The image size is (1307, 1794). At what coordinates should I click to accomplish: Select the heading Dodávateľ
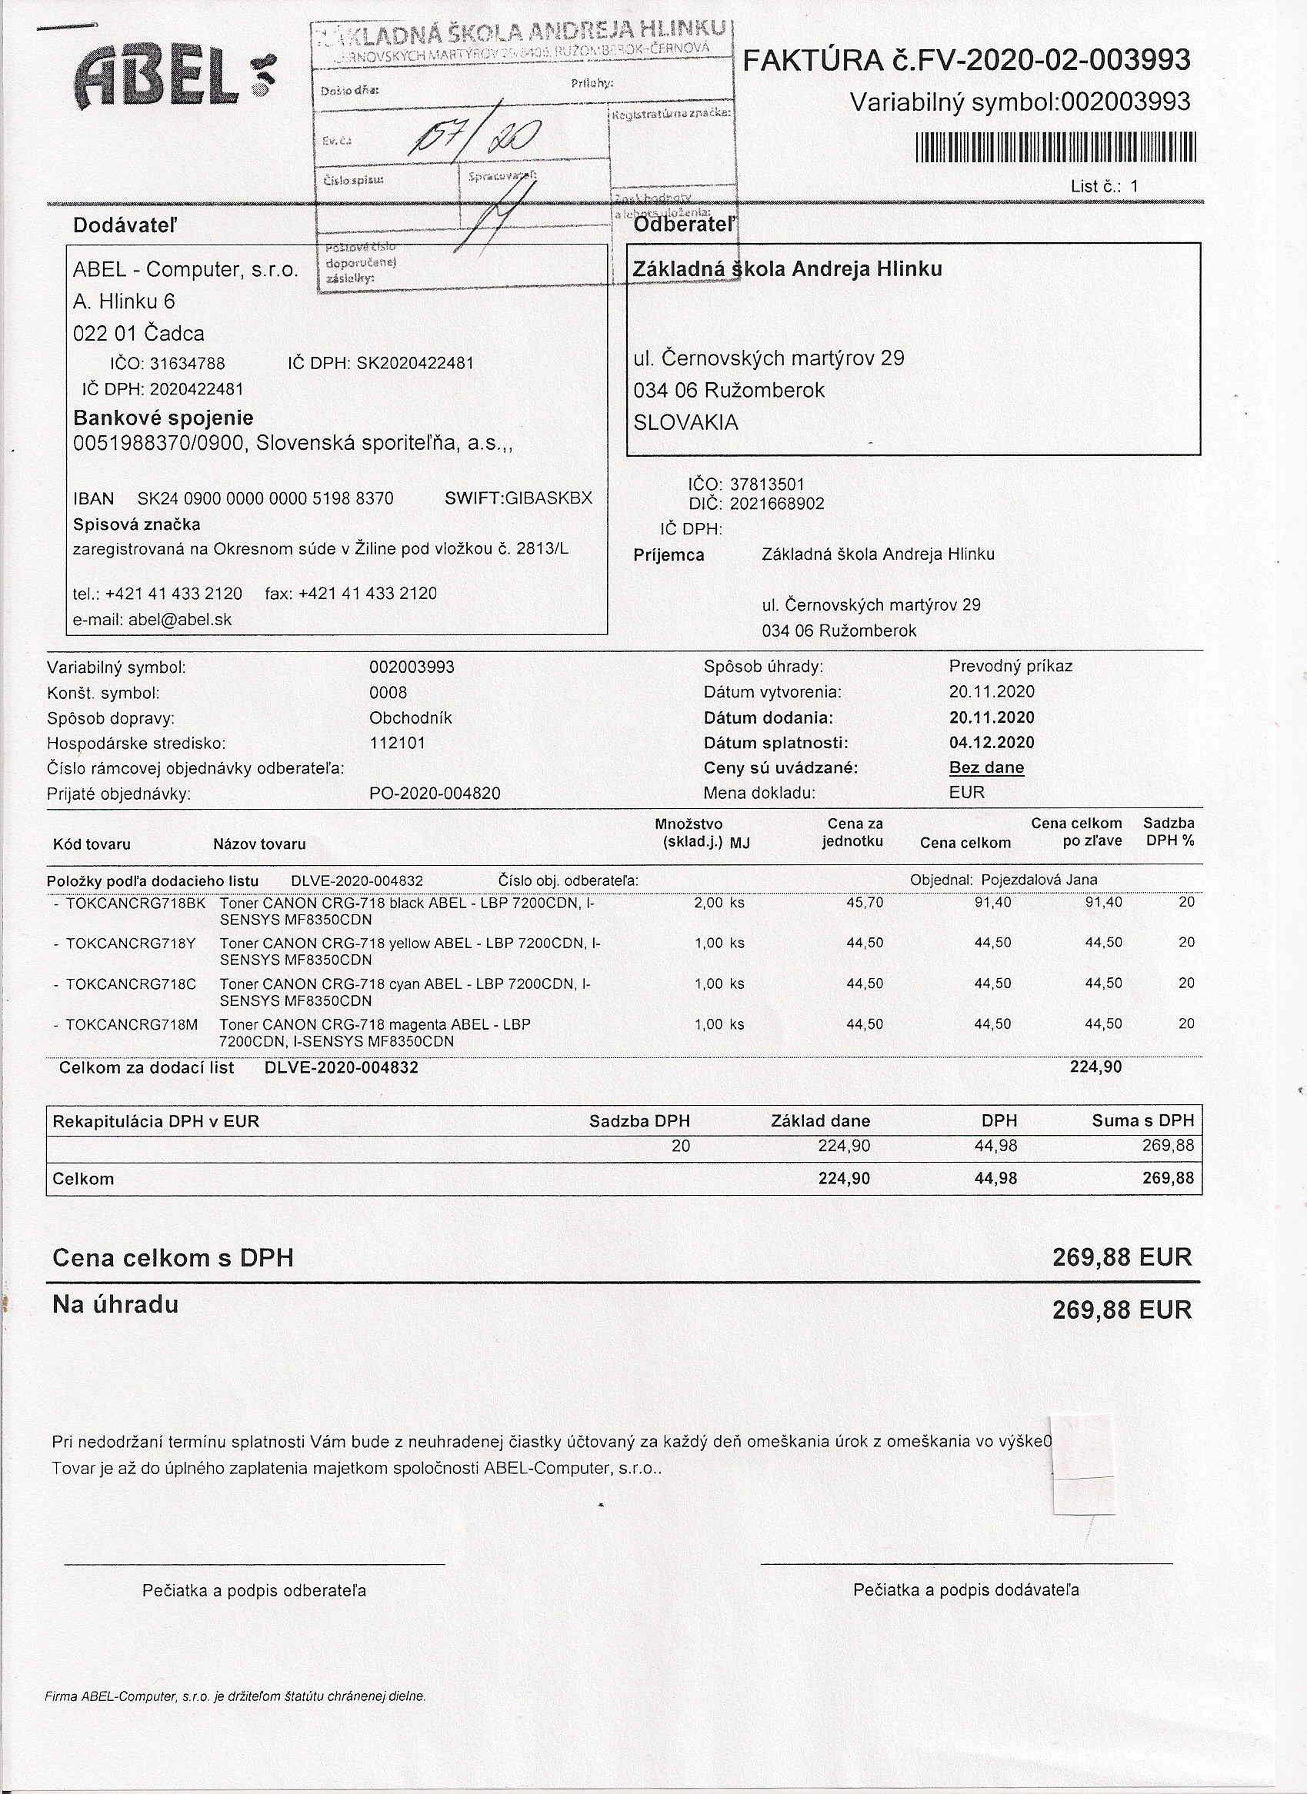(x=125, y=226)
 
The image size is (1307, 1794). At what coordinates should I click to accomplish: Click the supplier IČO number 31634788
(x=188, y=364)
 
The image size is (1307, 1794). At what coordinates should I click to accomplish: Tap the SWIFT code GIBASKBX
(x=548, y=498)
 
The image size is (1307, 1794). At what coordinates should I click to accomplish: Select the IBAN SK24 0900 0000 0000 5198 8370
(x=265, y=499)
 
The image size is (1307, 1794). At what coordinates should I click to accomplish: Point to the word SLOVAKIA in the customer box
(x=685, y=423)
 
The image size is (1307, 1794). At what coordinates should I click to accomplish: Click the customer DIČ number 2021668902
(x=776, y=504)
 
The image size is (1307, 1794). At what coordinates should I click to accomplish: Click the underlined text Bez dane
(x=985, y=767)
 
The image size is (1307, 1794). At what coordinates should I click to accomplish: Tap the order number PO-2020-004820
(x=435, y=794)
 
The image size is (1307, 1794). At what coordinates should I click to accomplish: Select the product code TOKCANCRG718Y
(x=131, y=943)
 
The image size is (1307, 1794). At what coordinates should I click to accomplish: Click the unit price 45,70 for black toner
(x=864, y=903)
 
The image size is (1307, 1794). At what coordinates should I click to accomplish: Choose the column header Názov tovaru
(x=258, y=844)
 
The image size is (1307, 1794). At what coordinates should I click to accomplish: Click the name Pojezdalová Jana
(x=1039, y=880)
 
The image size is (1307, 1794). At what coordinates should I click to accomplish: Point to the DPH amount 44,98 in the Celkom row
(x=995, y=1179)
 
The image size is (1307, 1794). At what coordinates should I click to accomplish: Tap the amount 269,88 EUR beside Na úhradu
(x=1121, y=1310)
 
